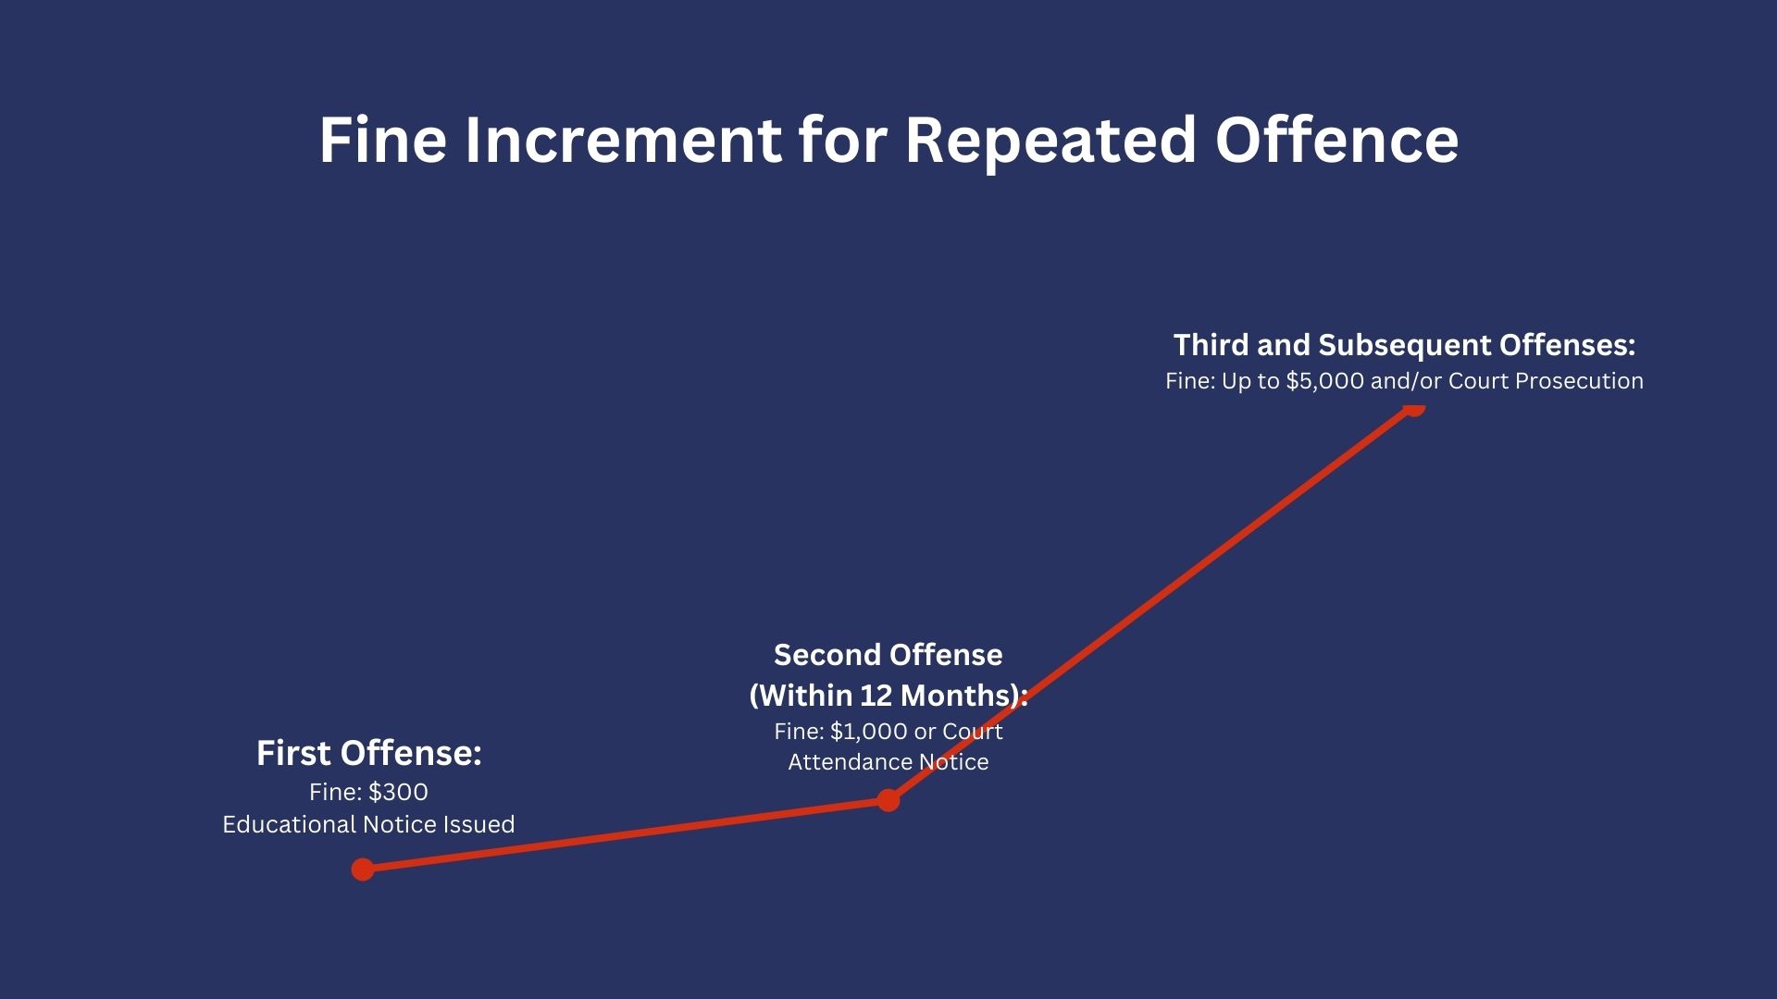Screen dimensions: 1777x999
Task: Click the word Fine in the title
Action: pyautogui.click(x=383, y=141)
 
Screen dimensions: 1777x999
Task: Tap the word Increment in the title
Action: pyautogui.click(x=622, y=141)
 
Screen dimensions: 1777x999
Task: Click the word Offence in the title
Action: pyautogui.click(x=1337, y=141)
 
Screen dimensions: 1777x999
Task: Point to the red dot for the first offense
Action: pyautogui.click(x=363, y=869)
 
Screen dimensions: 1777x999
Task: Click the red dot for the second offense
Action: pyautogui.click(x=888, y=800)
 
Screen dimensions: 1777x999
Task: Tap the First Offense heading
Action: pyautogui.click(x=369, y=753)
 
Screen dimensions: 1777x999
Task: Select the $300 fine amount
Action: pyautogui.click(x=398, y=793)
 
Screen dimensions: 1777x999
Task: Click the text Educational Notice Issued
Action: pyautogui.click(x=368, y=824)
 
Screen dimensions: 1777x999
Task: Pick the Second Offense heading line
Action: pyautogui.click(x=888, y=655)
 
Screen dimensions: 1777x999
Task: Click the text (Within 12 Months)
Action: pyautogui.click(x=887, y=695)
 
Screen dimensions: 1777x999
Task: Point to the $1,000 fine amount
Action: pyautogui.click(x=869, y=732)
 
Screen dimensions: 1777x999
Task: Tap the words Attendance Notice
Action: pyautogui.click(x=888, y=762)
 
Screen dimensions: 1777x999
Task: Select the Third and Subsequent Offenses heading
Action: pyautogui.click(x=1405, y=345)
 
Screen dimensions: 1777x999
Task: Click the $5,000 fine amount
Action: pyautogui.click(x=1325, y=381)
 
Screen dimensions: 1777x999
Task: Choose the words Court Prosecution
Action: pyautogui.click(x=1546, y=381)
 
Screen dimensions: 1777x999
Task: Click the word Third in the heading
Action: pyautogui.click(x=1206, y=345)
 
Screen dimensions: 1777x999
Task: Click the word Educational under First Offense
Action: pyautogui.click(x=290, y=824)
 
